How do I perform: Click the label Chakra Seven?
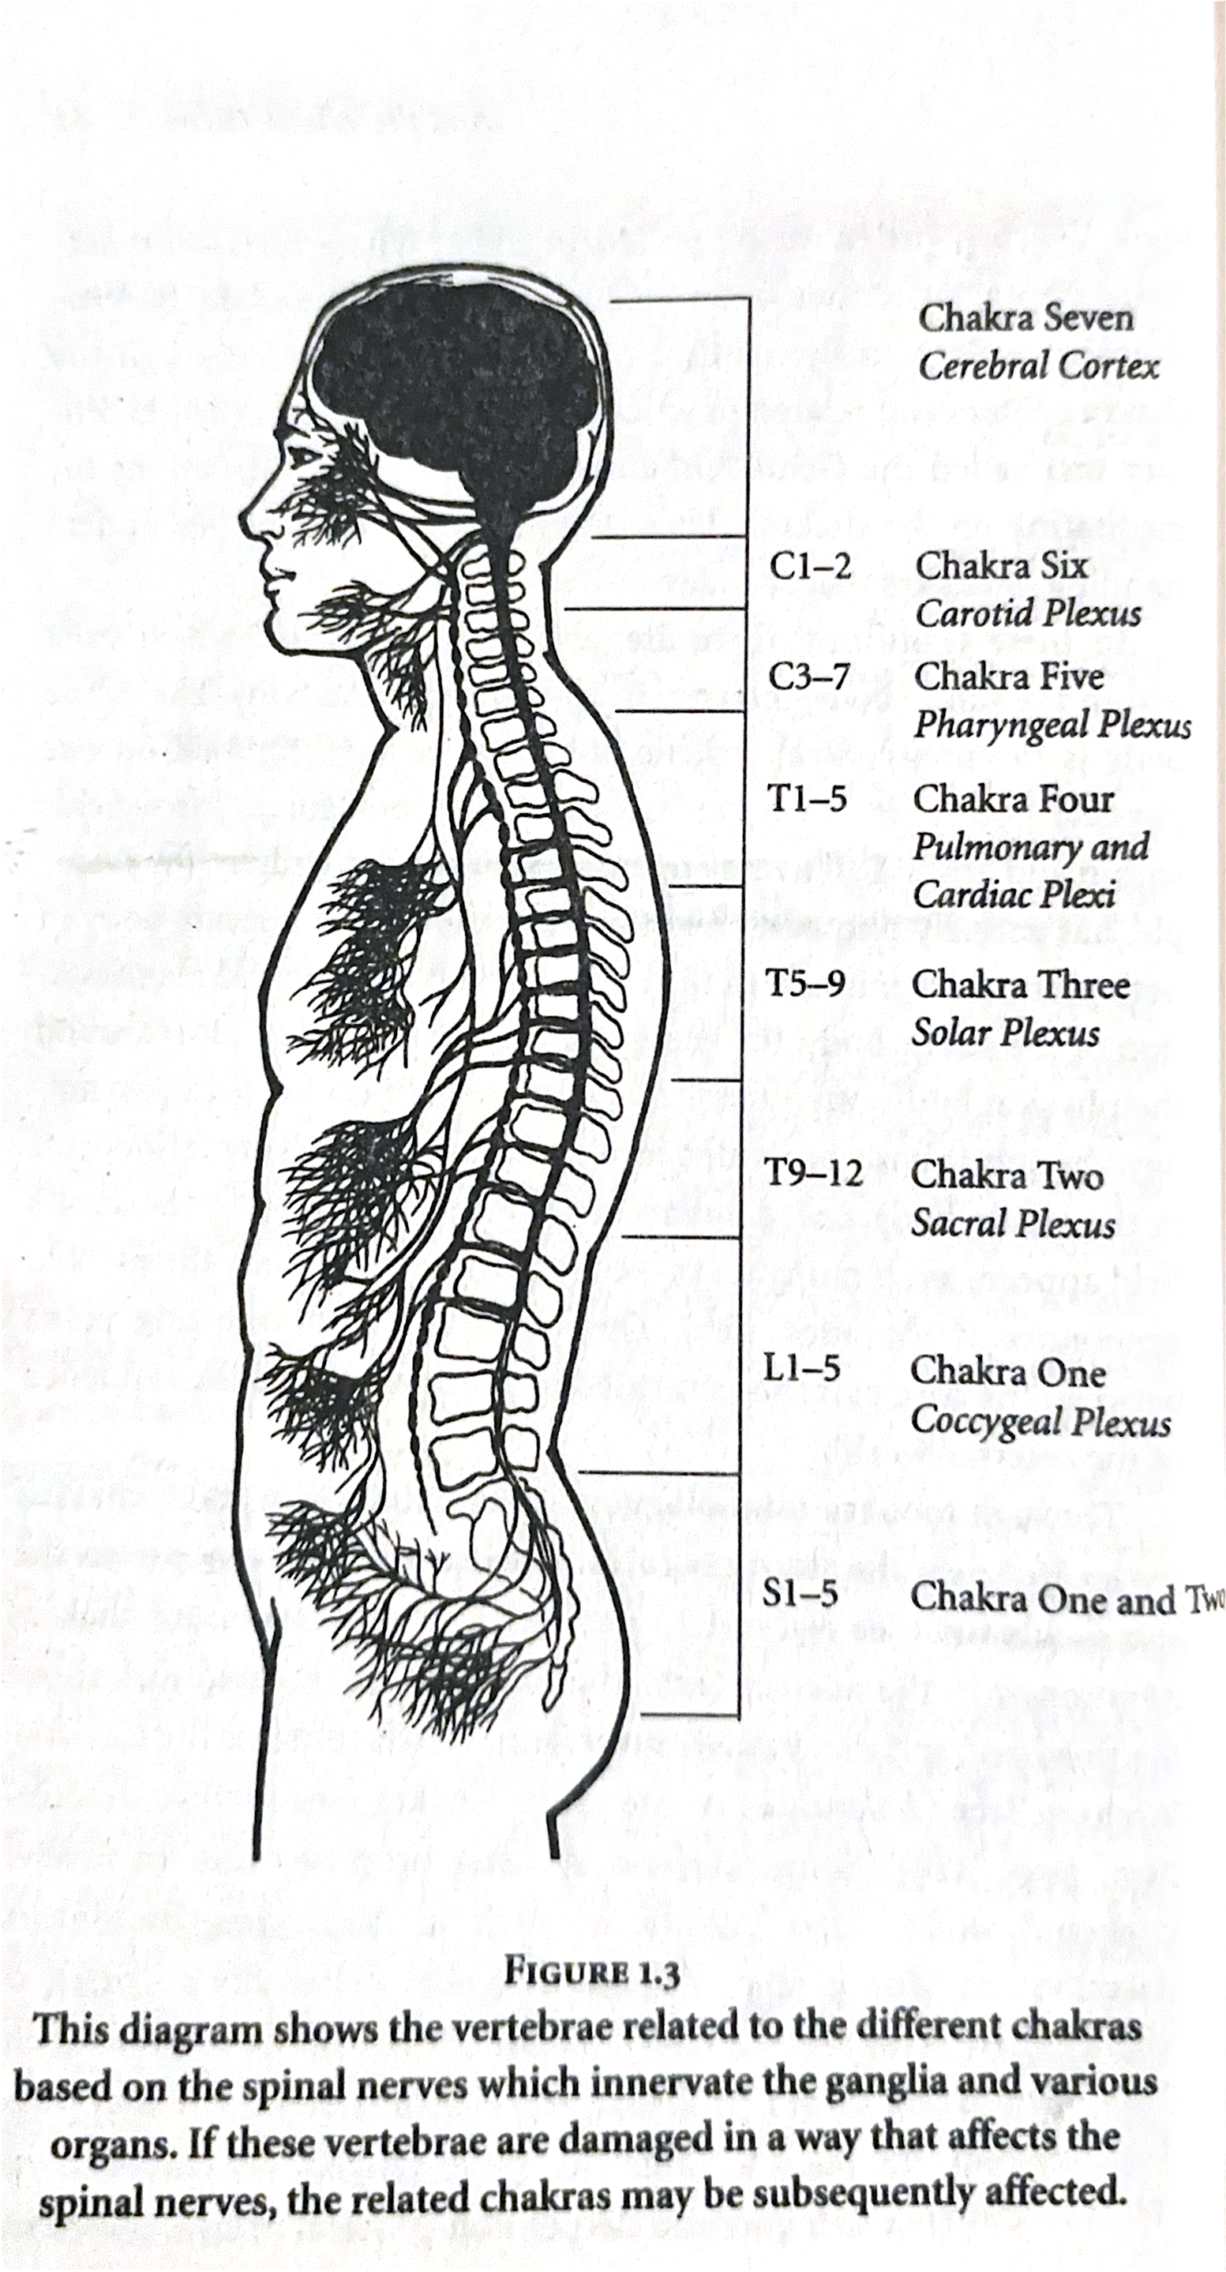pyautogui.click(x=1025, y=317)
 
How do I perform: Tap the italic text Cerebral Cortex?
pyautogui.click(x=1038, y=366)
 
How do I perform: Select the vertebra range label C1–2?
pyautogui.click(x=810, y=566)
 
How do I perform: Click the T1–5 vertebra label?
pyautogui.click(x=807, y=799)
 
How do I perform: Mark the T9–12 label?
pyautogui.click(x=812, y=1173)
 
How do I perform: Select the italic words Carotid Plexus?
pyautogui.click(x=1028, y=614)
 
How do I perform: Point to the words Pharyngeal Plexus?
pyautogui.click(x=1052, y=725)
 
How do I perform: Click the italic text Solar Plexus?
pyautogui.click(x=1006, y=1033)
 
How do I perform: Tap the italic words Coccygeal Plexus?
pyautogui.click(x=1040, y=1420)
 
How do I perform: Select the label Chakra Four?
pyautogui.click(x=1014, y=799)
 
